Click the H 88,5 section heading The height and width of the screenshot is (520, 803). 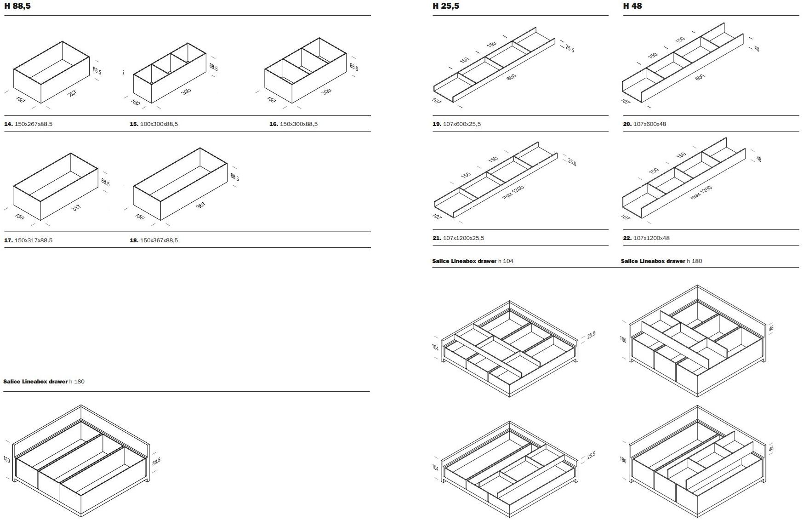pyautogui.click(x=18, y=6)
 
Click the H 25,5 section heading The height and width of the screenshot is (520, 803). pyautogui.click(x=445, y=6)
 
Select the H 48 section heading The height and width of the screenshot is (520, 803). pyautogui.click(x=632, y=6)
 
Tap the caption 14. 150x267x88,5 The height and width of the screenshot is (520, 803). pyautogui.click(x=28, y=124)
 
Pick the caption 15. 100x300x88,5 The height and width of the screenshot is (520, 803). pyautogui.click(x=154, y=124)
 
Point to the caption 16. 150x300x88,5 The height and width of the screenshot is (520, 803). pyautogui.click(x=293, y=124)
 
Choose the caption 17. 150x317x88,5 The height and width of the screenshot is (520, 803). pyautogui.click(x=28, y=240)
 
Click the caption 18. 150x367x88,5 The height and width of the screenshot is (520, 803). pyautogui.click(x=154, y=240)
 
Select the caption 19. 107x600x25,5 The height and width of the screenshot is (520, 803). pyautogui.click(x=456, y=124)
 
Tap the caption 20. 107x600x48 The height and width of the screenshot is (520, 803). pyautogui.click(x=644, y=124)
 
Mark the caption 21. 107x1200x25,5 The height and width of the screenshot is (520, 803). pyautogui.click(x=458, y=238)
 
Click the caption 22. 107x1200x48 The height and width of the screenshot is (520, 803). pyautogui.click(x=646, y=238)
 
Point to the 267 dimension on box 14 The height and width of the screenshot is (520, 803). pyautogui.click(x=72, y=93)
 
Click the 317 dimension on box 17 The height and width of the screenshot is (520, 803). pyautogui.click(x=76, y=208)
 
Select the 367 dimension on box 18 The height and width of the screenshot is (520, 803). pyautogui.click(x=201, y=205)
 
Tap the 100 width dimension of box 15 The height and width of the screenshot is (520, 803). pyautogui.click(x=135, y=102)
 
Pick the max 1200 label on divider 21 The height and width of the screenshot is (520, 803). pyautogui.click(x=513, y=192)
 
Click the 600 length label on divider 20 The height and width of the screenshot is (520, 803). pyautogui.click(x=699, y=77)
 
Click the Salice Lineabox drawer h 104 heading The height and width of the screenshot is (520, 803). pyautogui.click(x=473, y=261)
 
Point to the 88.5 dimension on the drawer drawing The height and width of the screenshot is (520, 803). pyautogui.click(x=156, y=461)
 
